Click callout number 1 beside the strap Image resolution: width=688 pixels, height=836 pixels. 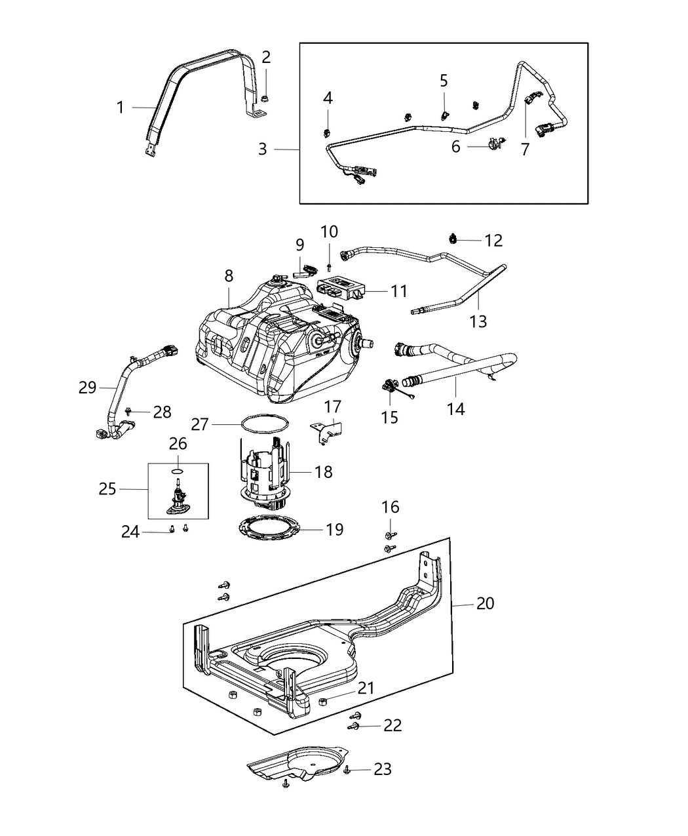coord(120,107)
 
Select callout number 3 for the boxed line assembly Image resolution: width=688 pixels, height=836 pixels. coord(263,149)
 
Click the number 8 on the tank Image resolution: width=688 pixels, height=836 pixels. coord(229,276)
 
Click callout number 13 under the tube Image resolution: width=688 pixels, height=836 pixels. coord(478,321)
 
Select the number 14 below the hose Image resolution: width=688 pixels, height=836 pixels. coord(455,409)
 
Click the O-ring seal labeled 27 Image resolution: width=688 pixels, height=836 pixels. coord(263,424)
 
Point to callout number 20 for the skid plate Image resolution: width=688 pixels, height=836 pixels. coord(485,603)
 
